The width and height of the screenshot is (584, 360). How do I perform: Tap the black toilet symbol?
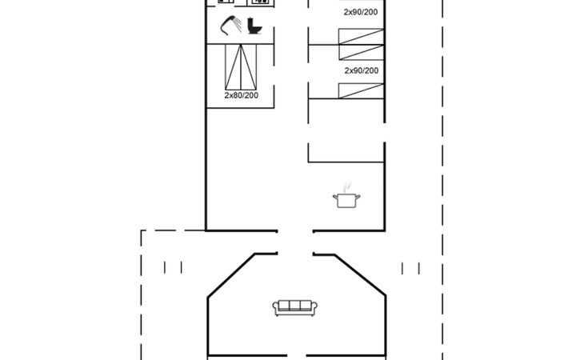[254, 26]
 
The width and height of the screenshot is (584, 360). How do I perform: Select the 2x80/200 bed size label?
[242, 95]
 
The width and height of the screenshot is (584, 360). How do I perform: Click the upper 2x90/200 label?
[361, 12]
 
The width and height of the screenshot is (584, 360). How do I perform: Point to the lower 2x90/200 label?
[362, 70]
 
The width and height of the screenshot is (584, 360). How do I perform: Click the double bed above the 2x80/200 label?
[241, 67]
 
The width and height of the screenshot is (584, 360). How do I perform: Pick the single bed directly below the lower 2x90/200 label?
[361, 91]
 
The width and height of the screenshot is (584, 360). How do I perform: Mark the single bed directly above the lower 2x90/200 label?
[361, 53]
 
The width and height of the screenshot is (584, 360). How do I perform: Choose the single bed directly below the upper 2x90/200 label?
[361, 37]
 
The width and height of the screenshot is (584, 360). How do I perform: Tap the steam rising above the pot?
[347, 187]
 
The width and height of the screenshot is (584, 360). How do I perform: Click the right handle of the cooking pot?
[358, 197]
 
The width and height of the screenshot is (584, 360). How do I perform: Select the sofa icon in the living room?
[295, 308]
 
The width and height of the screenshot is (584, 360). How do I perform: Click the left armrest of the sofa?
[276, 308]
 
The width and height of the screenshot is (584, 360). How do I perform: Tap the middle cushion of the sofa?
[295, 306]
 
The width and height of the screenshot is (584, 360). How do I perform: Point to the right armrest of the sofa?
[314, 308]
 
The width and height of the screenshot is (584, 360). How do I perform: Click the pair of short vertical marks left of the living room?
[173, 268]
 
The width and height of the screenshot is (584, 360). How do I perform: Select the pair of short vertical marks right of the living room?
[410, 269]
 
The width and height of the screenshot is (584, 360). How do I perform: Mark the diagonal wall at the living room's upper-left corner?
[231, 275]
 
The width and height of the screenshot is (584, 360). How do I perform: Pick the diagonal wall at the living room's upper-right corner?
[360, 275]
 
